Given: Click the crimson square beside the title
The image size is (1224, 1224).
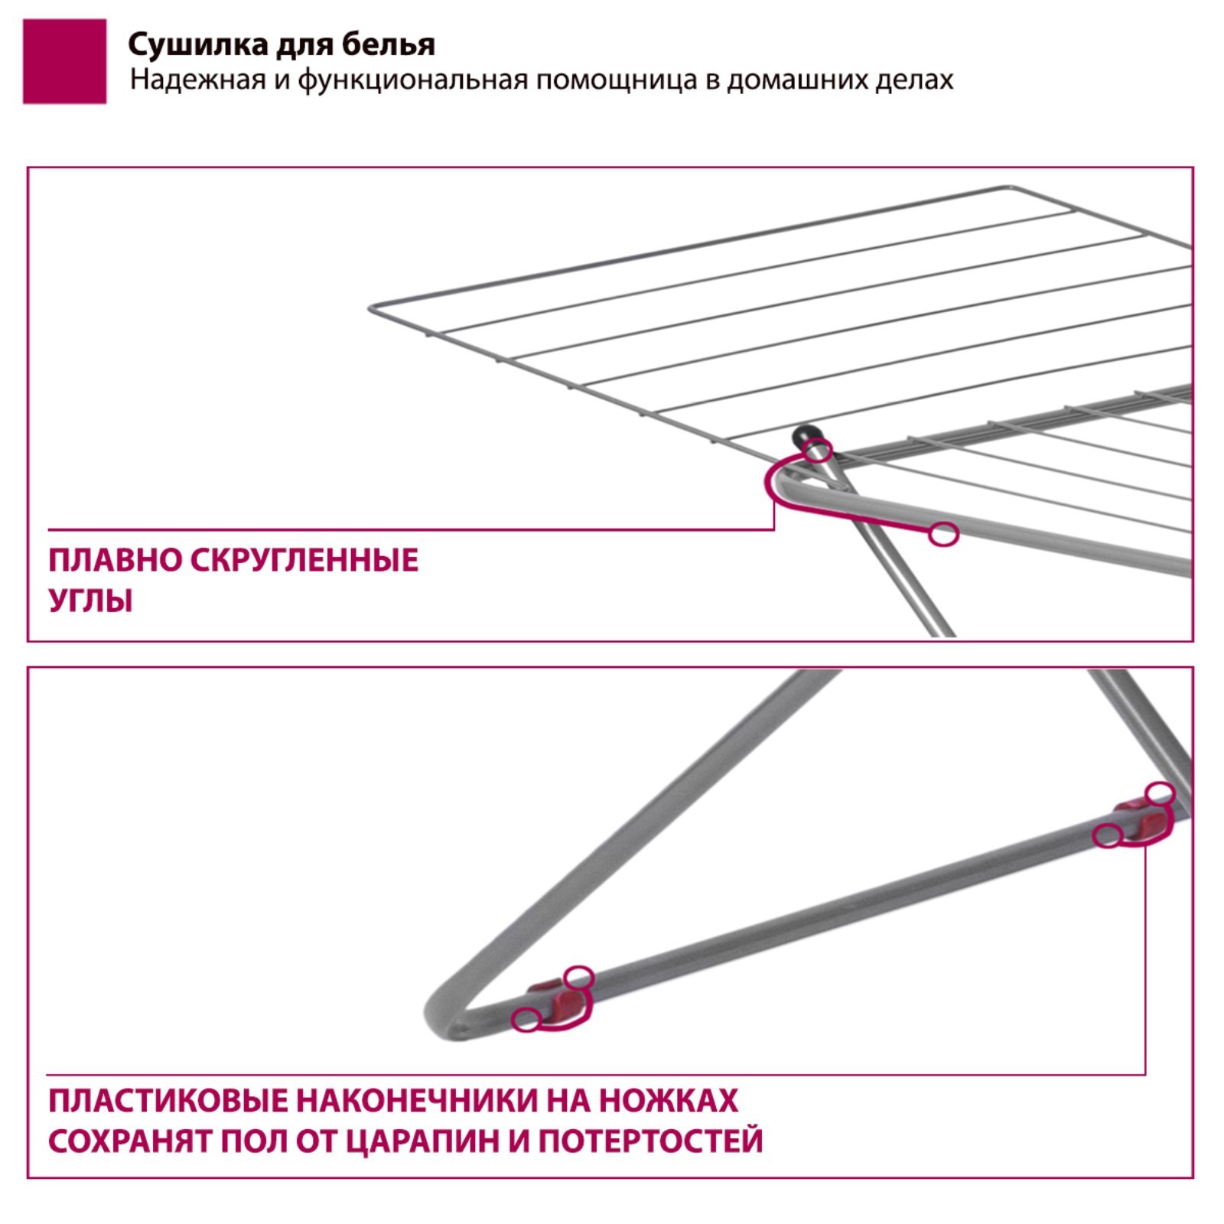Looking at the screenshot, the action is [x=64, y=61].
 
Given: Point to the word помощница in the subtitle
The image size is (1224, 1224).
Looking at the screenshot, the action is [x=616, y=80].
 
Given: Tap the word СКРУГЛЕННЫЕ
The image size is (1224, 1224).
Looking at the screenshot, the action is [x=304, y=561].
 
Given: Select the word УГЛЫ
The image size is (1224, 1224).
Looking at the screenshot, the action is [x=90, y=601].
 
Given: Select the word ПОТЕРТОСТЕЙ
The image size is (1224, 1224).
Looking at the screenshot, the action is [x=650, y=1141].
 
